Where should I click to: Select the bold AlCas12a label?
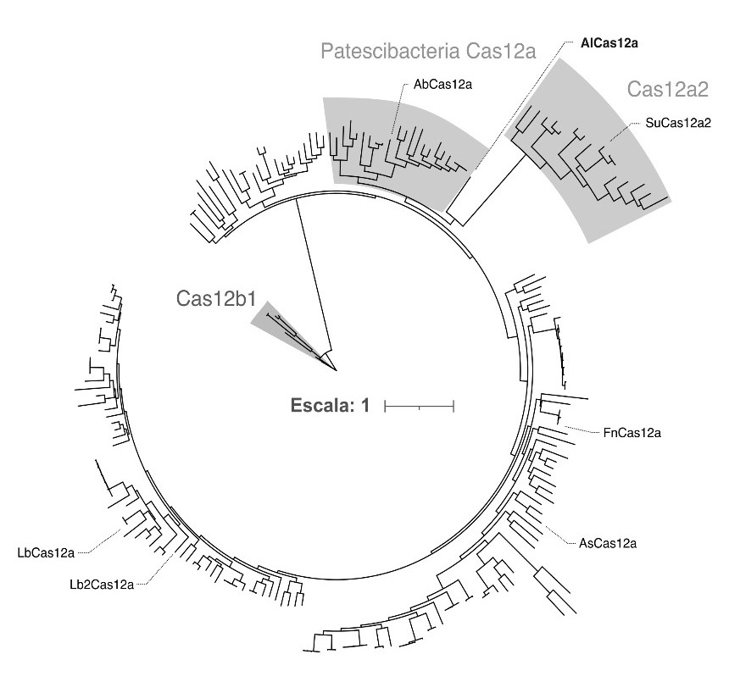tap(609, 42)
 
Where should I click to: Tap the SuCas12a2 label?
tap(677, 122)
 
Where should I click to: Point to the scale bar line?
tap(420, 408)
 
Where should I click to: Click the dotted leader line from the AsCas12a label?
tap(555, 535)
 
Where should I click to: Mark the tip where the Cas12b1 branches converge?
tap(336, 369)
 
